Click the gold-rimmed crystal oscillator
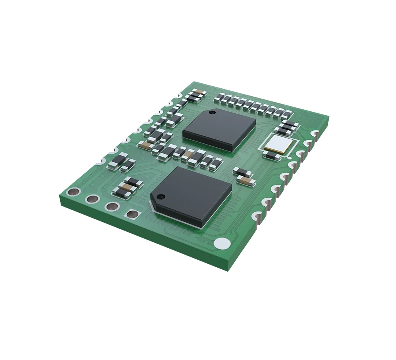pyautogui.click(x=280, y=144)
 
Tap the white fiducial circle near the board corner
pyautogui.click(x=222, y=244)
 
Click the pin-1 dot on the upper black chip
pyautogui.click(x=213, y=113)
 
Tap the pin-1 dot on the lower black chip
pyautogui.click(x=161, y=196)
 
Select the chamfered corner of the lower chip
pyautogui.click(x=152, y=203)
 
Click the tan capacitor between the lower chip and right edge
pyautogui.click(x=248, y=181)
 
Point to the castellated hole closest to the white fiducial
pyautogui.click(x=258, y=217)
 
